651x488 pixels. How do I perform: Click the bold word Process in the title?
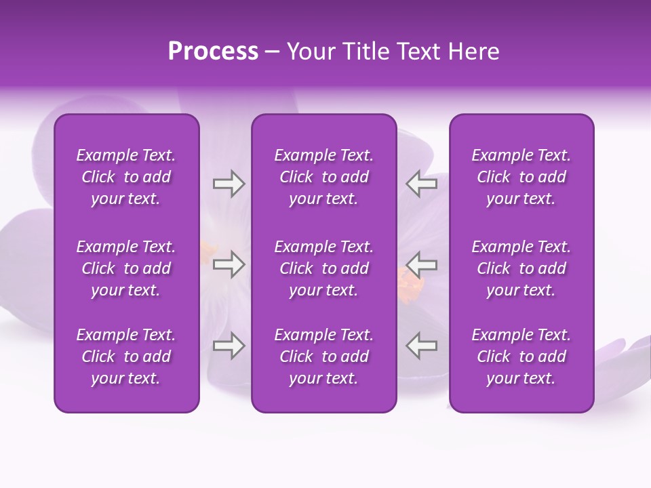click(x=213, y=52)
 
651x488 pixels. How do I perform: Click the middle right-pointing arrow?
click(x=229, y=265)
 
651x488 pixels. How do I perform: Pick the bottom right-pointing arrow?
click(x=229, y=346)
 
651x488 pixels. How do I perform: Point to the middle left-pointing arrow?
click(x=421, y=265)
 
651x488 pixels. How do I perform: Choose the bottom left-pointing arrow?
click(x=421, y=346)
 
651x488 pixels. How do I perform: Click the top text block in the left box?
click(x=126, y=177)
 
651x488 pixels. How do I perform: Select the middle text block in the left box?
click(x=126, y=268)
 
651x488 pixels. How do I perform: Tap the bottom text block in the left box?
click(x=126, y=357)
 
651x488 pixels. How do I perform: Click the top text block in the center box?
click(x=323, y=177)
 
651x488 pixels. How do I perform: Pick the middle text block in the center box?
click(x=323, y=268)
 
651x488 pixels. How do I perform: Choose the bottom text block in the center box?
click(x=323, y=357)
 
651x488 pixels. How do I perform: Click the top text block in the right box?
click(x=521, y=177)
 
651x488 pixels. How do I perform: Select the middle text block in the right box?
click(x=521, y=268)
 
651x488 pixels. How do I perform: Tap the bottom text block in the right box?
click(x=521, y=357)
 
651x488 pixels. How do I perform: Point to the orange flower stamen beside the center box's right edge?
click(x=410, y=283)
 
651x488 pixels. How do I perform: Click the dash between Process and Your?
click(x=273, y=52)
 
